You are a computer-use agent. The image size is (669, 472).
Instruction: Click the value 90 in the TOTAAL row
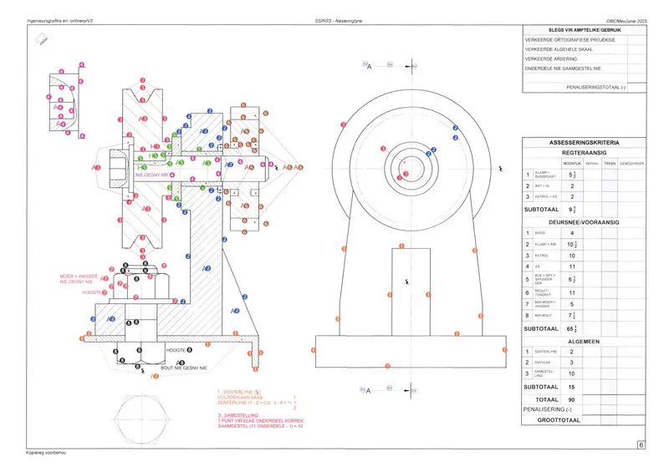click(571, 400)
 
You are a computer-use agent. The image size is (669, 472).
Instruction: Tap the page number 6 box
click(641, 445)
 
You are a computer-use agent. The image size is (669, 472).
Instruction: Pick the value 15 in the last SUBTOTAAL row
click(571, 387)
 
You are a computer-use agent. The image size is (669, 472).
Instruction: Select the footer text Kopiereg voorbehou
click(46, 453)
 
